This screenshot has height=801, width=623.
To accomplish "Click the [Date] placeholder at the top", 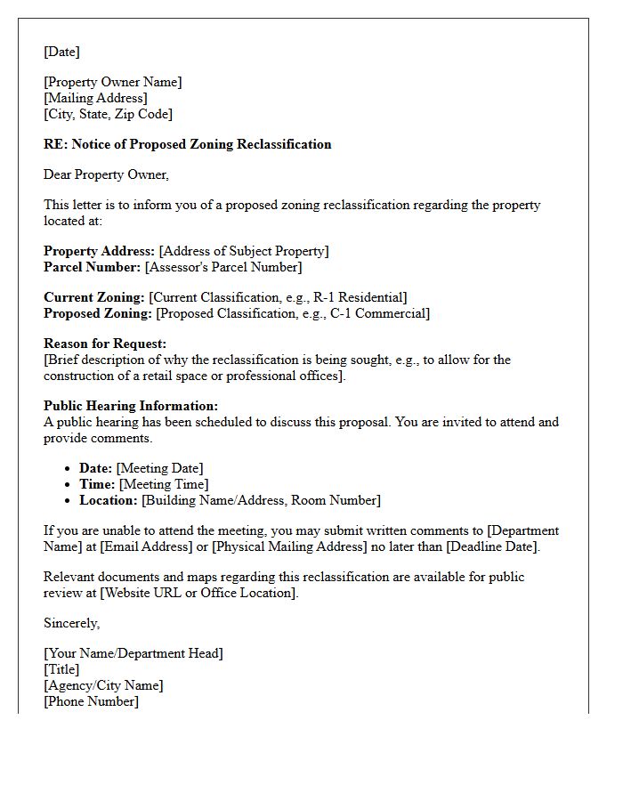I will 61,52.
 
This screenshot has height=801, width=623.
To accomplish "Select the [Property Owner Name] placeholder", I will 112,82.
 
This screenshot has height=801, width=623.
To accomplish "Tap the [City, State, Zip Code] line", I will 108,114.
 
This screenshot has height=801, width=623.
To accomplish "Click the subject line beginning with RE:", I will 187,144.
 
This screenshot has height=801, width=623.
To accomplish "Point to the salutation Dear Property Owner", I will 106,174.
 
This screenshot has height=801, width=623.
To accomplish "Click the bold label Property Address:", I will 99,251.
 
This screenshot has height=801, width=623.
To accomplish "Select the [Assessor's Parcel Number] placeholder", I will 223,267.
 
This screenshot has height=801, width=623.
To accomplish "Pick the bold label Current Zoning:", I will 93,297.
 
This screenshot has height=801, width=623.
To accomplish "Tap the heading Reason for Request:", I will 104,344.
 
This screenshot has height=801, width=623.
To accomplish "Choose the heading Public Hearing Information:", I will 131,406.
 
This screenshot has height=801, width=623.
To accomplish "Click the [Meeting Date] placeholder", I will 159,468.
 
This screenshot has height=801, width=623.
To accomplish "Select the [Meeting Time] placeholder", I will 164,484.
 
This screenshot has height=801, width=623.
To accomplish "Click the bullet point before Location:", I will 69,500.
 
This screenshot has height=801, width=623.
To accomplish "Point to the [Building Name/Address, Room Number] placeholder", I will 261,500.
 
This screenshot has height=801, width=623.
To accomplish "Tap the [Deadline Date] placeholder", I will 492,546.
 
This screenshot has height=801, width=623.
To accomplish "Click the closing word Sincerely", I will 71,623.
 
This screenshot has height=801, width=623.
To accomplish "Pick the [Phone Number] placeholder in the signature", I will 91,701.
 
